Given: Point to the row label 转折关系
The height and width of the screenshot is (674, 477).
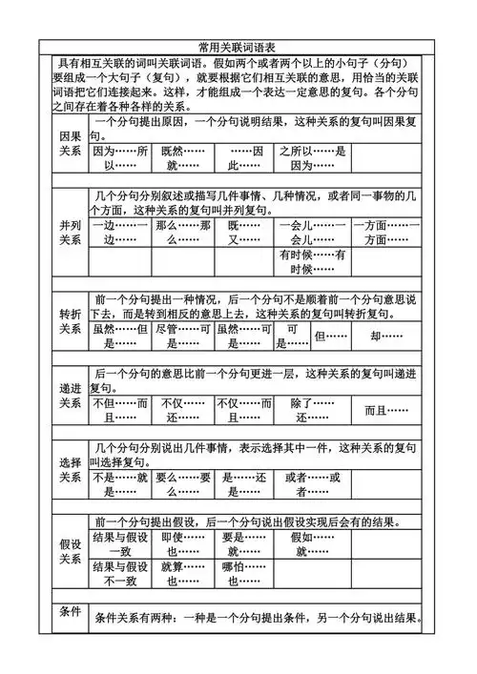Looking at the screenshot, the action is click(x=70, y=320).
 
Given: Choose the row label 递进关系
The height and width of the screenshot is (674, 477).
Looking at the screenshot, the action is click(x=70, y=395).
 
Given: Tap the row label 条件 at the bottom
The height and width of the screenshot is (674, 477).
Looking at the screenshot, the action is click(x=70, y=611).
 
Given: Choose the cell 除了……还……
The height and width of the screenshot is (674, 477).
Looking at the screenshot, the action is click(x=309, y=410).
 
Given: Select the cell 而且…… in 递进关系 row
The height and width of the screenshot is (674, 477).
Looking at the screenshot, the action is click(x=387, y=410).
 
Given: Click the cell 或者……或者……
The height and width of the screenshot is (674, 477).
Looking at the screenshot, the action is click(x=309, y=483).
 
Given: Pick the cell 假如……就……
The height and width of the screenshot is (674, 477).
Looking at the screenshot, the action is click(x=309, y=543).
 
